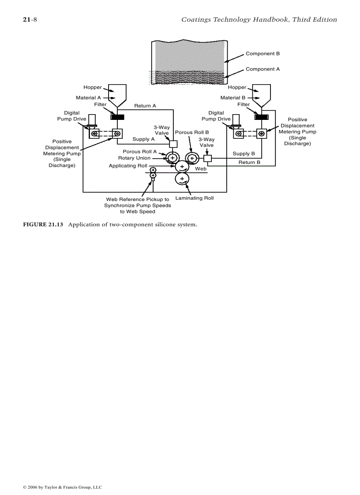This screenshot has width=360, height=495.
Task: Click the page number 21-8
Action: [30, 19]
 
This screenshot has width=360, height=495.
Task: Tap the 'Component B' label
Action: [262, 54]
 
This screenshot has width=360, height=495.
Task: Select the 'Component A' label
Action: [262, 69]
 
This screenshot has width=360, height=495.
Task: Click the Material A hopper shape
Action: [117, 94]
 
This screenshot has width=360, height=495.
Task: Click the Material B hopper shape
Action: [262, 94]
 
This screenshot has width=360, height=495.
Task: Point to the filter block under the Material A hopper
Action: [117, 117]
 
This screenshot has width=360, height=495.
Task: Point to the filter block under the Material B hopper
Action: [262, 117]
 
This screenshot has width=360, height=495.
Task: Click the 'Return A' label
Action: [145, 106]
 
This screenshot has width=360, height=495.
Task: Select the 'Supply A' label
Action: [143, 139]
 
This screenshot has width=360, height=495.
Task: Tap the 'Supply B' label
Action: [244, 154]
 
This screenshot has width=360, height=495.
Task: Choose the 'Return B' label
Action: [249, 163]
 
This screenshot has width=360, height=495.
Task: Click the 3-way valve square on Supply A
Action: [173, 144]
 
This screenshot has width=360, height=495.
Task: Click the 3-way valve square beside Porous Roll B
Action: [208, 159]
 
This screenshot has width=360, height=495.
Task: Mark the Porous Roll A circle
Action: [172, 158]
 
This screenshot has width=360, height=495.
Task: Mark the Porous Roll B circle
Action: [192, 158]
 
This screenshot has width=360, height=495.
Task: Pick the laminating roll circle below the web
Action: [182, 179]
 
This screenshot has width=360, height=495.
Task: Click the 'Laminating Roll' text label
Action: [194, 198]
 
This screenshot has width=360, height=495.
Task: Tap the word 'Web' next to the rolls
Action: [201, 169]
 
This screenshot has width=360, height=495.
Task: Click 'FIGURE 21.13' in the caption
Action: [43, 225]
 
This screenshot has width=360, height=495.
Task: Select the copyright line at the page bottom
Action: [62, 487]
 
